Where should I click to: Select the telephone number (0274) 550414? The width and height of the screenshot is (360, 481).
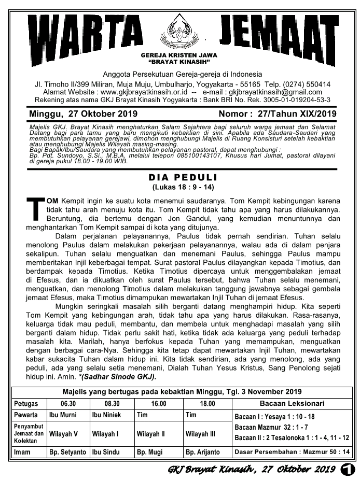[x=306, y=84]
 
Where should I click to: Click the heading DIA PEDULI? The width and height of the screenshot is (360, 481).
[x=179, y=177]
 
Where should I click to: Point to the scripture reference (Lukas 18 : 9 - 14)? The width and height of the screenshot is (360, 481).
[x=179, y=187]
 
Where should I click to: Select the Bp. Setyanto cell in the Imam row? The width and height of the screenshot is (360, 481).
[x=67, y=452]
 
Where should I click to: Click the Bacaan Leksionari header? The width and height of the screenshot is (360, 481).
[x=292, y=403]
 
